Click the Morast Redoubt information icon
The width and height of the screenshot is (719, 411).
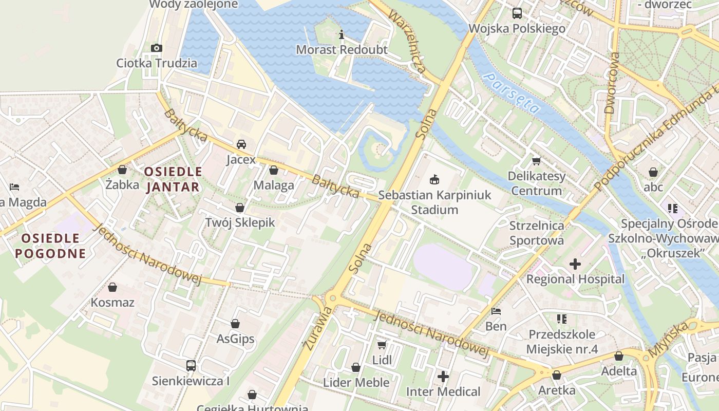[x=342, y=34]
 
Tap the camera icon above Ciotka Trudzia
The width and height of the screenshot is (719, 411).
[x=157, y=48]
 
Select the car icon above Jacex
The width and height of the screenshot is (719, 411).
[x=241, y=144]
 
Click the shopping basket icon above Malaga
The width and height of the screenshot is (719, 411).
[x=274, y=170]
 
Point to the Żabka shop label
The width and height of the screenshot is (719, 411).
[x=122, y=184]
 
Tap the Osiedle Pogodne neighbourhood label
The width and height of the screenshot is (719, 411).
[x=50, y=246]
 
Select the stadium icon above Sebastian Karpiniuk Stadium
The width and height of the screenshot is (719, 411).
[x=434, y=179]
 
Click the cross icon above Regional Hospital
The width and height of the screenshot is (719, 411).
[x=575, y=264]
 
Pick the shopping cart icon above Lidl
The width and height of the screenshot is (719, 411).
[x=382, y=345]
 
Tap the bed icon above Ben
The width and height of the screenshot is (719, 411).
[x=496, y=311]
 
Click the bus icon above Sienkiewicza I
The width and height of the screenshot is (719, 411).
[x=191, y=366]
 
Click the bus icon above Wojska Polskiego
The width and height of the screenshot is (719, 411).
[x=517, y=13]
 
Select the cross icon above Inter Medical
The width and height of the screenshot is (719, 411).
[x=443, y=377]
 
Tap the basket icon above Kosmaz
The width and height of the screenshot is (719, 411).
[x=112, y=287]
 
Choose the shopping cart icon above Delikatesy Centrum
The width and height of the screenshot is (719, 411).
[x=537, y=161]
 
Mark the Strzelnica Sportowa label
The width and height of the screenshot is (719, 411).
[x=536, y=233]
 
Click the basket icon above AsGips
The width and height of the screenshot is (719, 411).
[x=235, y=324]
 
